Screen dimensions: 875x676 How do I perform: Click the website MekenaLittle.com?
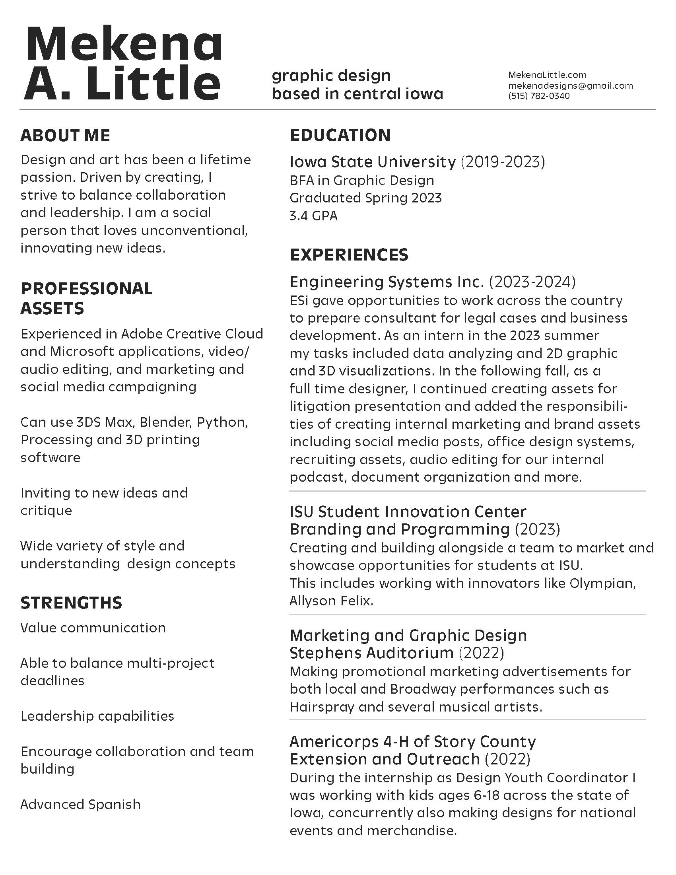(x=547, y=75)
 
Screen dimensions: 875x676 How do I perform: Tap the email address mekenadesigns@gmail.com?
(x=570, y=86)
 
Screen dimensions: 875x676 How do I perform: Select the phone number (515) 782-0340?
(x=539, y=96)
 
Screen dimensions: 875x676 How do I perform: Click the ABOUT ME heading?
(x=65, y=135)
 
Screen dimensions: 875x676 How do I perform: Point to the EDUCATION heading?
(x=340, y=135)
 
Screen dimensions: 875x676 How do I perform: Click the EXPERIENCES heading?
(x=349, y=255)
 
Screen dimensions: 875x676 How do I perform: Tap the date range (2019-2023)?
(x=503, y=162)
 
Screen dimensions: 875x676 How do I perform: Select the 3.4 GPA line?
(x=314, y=216)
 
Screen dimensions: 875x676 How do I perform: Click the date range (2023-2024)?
(x=532, y=282)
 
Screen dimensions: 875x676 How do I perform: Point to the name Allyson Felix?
(x=331, y=601)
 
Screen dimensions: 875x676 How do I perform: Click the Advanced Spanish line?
(x=80, y=805)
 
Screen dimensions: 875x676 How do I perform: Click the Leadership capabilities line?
(x=97, y=716)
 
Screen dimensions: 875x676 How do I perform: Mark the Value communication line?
(x=93, y=628)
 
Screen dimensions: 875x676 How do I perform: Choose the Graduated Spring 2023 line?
(x=365, y=198)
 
